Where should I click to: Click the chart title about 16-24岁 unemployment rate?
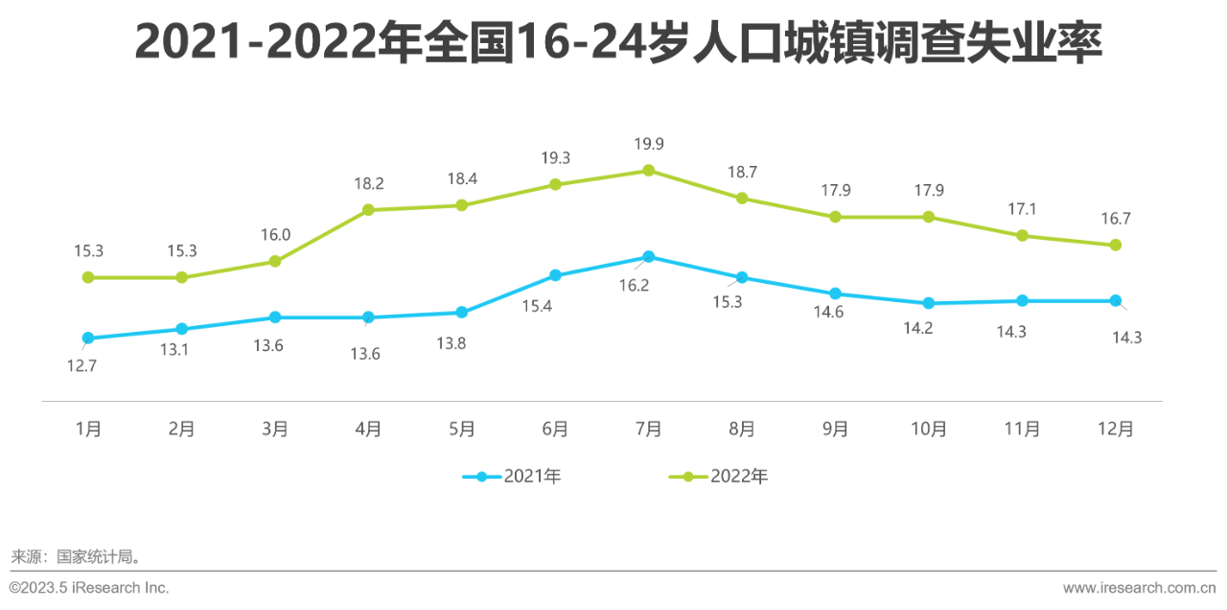[618, 44]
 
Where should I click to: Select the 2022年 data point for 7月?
[648, 171]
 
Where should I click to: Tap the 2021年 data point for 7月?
[648, 257]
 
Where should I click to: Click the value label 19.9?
[648, 144]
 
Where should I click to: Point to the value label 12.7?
[81, 365]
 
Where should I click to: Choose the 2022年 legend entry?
[718, 477]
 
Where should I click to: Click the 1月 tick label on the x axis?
[88, 429]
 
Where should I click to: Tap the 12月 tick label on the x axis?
[1115, 429]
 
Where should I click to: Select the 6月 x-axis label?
[555, 429]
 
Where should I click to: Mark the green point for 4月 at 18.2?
[368, 210]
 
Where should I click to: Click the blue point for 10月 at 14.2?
[928, 303]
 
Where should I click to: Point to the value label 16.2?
[634, 285]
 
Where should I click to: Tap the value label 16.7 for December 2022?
[1115, 219]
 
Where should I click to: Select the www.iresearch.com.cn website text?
[1139, 588]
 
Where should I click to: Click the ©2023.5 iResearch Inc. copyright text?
[89, 588]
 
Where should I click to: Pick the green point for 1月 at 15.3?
[88, 277]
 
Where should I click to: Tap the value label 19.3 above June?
[555, 157]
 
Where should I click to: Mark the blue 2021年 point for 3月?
[275, 317]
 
